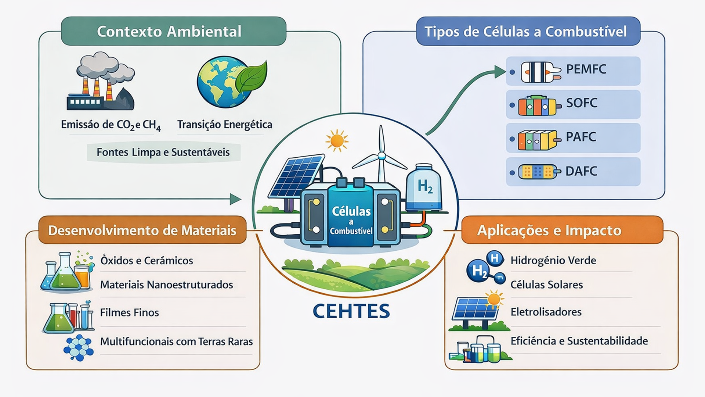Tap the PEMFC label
(586, 69)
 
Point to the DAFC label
(581, 171)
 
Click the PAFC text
(581, 137)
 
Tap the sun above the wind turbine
(336, 140)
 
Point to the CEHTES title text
(351, 311)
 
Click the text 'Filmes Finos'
(130, 312)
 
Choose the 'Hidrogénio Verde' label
(553, 261)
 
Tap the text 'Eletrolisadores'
(546, 312)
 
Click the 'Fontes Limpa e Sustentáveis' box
(163, 152)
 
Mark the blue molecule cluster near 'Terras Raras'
(78, 347)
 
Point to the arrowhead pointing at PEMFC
(500, 71)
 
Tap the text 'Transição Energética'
(225, 125)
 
